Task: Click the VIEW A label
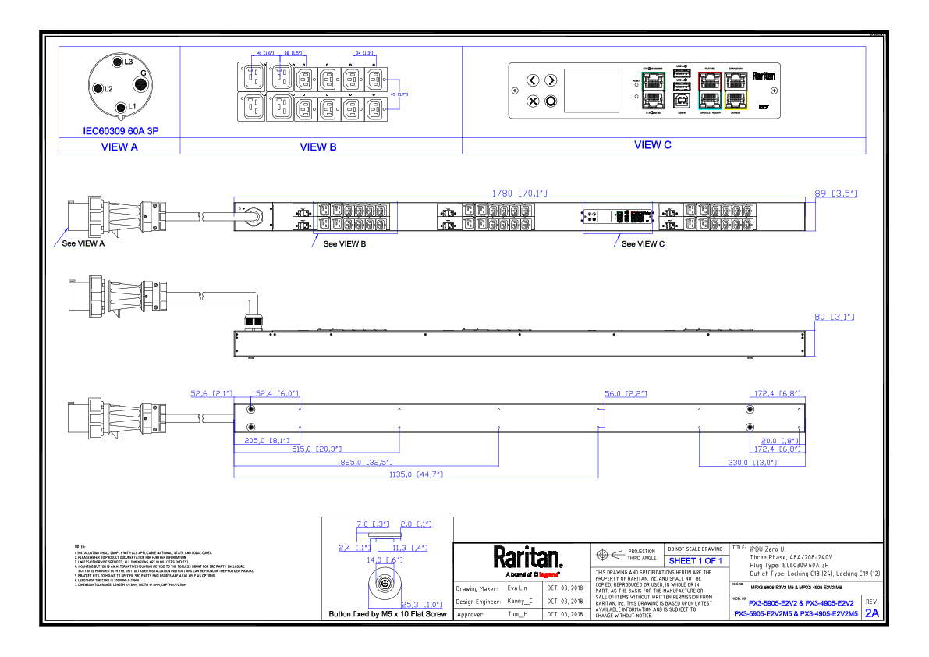point(119,147)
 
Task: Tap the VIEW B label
point(318,147)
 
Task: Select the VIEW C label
point(653,146)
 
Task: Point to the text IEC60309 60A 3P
point(121,132)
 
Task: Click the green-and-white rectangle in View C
point(654,91)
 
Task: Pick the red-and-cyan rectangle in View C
point(710,91)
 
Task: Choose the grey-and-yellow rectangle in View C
point(736,91)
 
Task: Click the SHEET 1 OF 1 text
point(696,561)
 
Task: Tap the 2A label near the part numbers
point(872,613)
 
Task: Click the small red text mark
point(548,575)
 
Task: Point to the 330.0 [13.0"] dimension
point(752,463)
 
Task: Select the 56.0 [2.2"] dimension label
point(626,394)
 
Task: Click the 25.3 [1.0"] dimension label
point(422,605)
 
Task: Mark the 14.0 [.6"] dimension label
point(385,560)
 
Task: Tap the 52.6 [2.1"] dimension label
point(211,393)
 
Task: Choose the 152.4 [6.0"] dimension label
point(275,393)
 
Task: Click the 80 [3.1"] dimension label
point(835,318)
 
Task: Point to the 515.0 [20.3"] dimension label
point(317,449)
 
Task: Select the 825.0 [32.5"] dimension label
point(366,463)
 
